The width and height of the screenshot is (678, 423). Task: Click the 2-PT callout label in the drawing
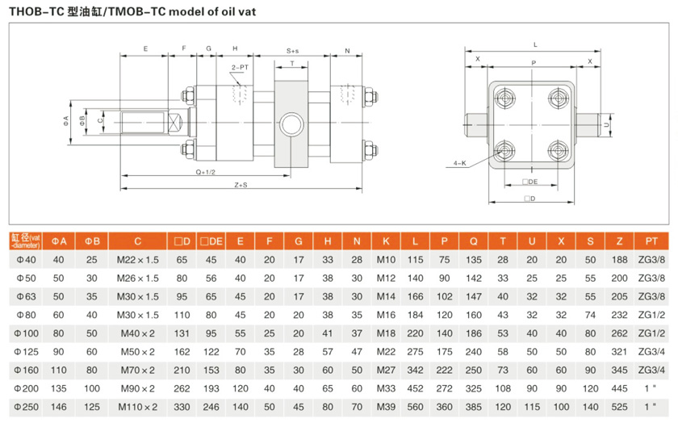click(240, 67)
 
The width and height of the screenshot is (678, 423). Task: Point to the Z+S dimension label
click(240, 186)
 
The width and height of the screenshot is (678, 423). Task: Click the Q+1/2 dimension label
click(194, 172)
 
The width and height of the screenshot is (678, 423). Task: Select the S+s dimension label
click(292, 50)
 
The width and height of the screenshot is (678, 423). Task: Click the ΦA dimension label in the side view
click(67, 121)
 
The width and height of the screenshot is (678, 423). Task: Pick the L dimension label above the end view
click(534, 44)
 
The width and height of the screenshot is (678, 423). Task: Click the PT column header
click(651, 241)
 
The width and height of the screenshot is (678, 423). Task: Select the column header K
click(386, 241)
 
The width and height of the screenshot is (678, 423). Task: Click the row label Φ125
click(27, 351)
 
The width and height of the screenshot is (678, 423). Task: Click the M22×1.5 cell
click(138, 259)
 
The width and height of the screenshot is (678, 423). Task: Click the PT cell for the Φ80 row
click(651, 314)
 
